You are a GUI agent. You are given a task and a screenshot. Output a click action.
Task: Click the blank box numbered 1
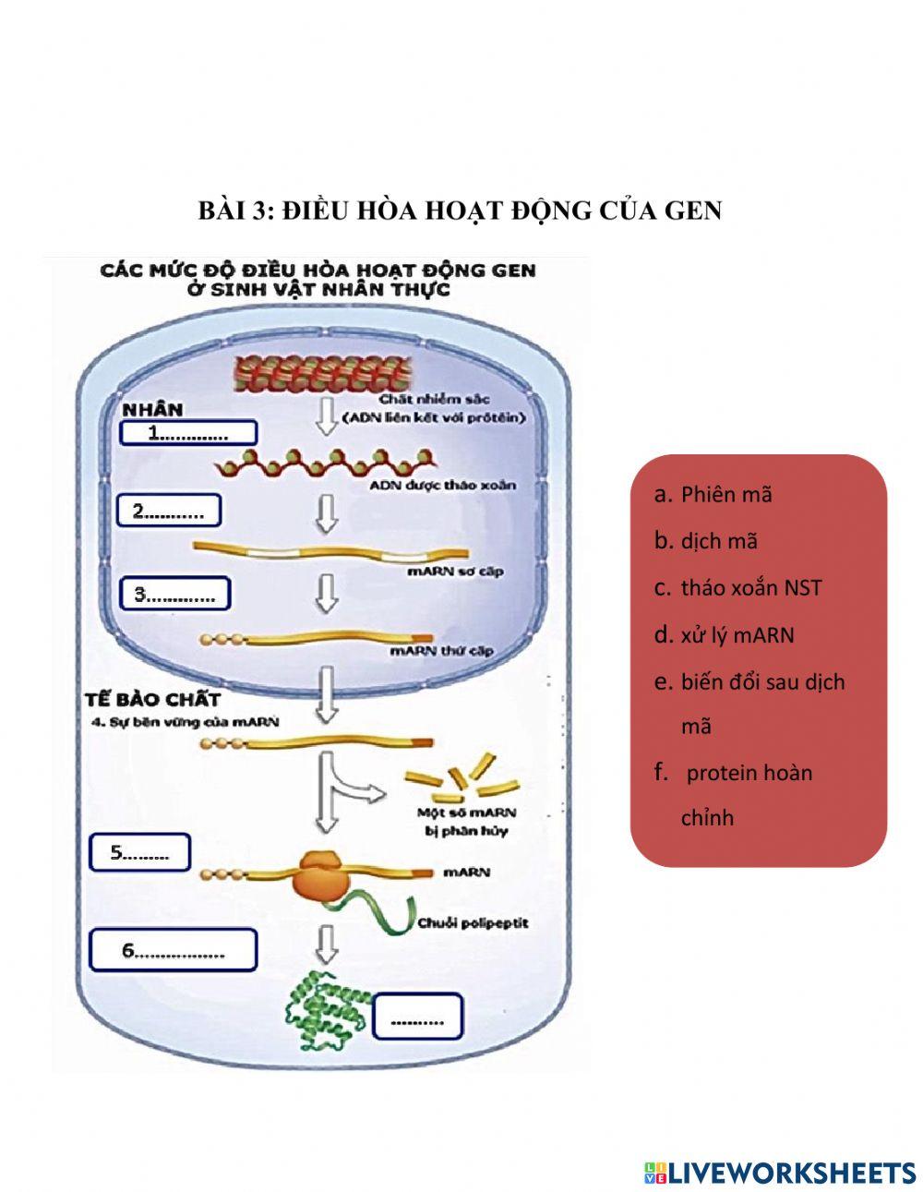[x=188, y=433]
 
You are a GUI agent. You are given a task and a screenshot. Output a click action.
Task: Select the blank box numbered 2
[x=168, y=511]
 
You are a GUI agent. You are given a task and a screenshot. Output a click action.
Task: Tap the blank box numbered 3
[x=174, y=594]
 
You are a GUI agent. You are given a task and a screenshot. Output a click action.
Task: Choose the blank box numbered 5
[x=139, y=852]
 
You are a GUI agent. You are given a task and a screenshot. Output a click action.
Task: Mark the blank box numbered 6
[x=174, y=950]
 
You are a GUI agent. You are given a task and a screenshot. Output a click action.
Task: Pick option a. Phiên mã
[x=725, y=494]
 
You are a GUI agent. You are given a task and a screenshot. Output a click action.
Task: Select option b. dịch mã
[x=718, y=541]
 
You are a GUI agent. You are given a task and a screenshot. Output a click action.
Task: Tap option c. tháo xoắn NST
[x=749, y=588]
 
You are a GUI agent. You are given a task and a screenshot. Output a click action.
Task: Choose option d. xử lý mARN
[x=736, y=635]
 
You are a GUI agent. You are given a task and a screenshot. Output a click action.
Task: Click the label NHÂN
[x=153, y=409]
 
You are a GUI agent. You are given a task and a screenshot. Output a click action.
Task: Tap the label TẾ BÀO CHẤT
[x=152, y=699]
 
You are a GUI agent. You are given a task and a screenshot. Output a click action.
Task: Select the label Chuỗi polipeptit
[x=473, y=922]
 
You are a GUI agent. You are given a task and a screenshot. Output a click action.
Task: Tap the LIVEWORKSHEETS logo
[x=780, y=1173]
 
